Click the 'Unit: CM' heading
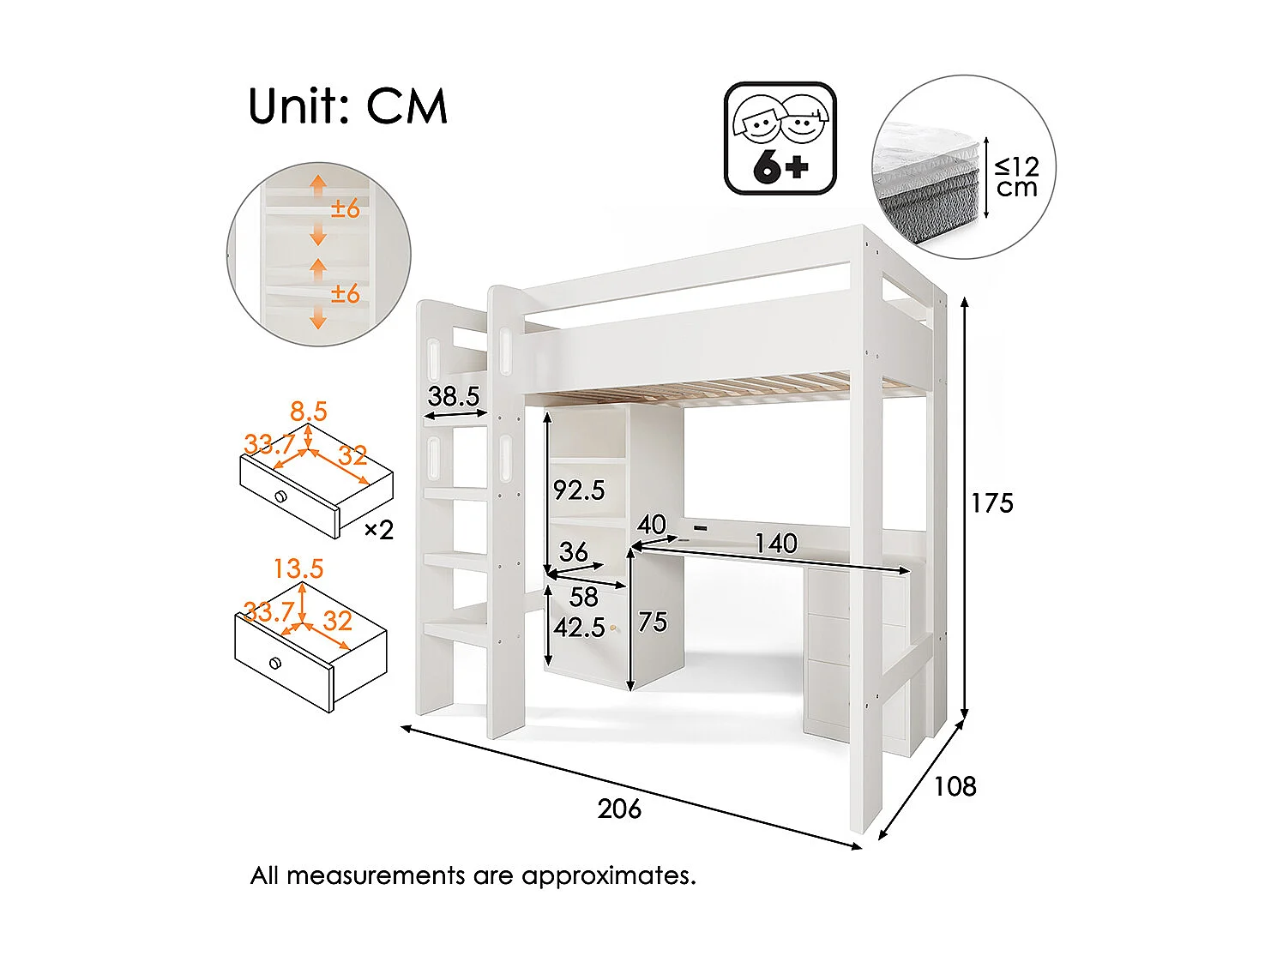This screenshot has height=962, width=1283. [x=347, y=107]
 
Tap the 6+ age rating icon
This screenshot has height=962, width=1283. [x=780, y=139]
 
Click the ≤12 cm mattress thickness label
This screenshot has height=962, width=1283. [x=1017, y=177]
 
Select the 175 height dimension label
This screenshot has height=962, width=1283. [x=992, y=503]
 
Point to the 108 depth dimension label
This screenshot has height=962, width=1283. [x=955, y=786]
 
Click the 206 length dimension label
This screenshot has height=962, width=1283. [x=619, y=809]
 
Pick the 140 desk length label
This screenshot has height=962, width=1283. [x=775, y=544]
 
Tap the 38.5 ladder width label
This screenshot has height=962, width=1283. [x=453, y=396]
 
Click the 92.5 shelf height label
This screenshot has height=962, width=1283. [x=579, y=490]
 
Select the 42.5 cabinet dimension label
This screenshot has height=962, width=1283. [x=579, y=628]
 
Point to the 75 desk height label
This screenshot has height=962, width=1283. [x=653, y=622]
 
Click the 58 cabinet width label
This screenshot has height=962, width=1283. [x=584, y=597]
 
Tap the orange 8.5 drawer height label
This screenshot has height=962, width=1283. [x=309, y=412]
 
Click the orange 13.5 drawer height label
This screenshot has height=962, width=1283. [x=298, y=568]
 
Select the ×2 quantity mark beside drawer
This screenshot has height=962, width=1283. [x=378, y=531]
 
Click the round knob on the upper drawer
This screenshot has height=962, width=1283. [x=280, y=497]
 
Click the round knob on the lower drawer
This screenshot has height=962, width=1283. [x=274, y=663]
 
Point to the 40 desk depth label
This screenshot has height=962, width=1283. [x=652, y=524]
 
